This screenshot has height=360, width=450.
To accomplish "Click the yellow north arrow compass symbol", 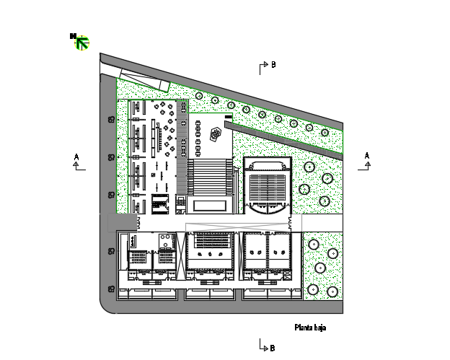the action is click(81, 43).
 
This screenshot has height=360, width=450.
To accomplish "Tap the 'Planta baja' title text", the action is click(310, 328).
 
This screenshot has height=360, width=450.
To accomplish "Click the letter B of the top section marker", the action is click(273, 65).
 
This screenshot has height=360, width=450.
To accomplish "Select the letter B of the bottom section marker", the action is click(273, 348).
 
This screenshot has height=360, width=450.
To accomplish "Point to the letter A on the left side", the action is click(76, 157).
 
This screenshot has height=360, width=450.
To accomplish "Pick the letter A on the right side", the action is click(367, 156).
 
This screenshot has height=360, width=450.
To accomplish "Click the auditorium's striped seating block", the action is click(268, 188).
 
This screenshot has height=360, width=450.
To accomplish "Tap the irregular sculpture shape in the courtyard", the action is click(216, 134).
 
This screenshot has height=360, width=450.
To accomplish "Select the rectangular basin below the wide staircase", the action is click(210, 206).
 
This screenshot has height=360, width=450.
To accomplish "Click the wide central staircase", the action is click(210, 177).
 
